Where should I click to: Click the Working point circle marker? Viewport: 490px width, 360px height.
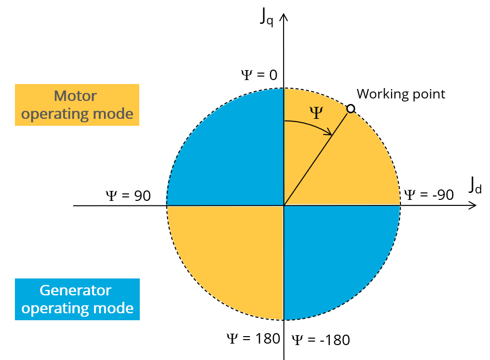[x=351, y=108]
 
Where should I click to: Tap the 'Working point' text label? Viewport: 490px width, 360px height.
[x=401, y=94]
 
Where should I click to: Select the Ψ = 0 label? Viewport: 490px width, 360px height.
[x=259, y=75]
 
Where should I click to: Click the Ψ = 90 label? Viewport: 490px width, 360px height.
[x=128, y=196]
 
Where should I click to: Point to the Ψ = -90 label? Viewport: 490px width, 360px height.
[x=428, y=194]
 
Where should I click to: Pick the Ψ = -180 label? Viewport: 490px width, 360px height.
[x=320, y=340]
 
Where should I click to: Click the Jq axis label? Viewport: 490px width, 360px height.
[x=266, y=16]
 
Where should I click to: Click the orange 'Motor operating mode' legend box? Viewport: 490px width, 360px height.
[x=77, y=104]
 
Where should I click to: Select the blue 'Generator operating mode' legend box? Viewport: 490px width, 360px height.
[x=77, y=299]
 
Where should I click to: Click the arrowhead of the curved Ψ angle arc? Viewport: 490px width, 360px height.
[x=329, y=133]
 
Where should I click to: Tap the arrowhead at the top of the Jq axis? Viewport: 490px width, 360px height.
[x=284, y=18]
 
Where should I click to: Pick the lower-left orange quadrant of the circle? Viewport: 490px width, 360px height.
[x=229, y=259]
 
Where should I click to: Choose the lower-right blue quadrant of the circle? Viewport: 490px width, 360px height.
[x=338, y=259]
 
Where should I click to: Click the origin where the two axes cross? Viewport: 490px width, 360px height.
[x=284, y=205]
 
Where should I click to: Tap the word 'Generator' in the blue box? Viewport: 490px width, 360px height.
[x=76, y=290]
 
